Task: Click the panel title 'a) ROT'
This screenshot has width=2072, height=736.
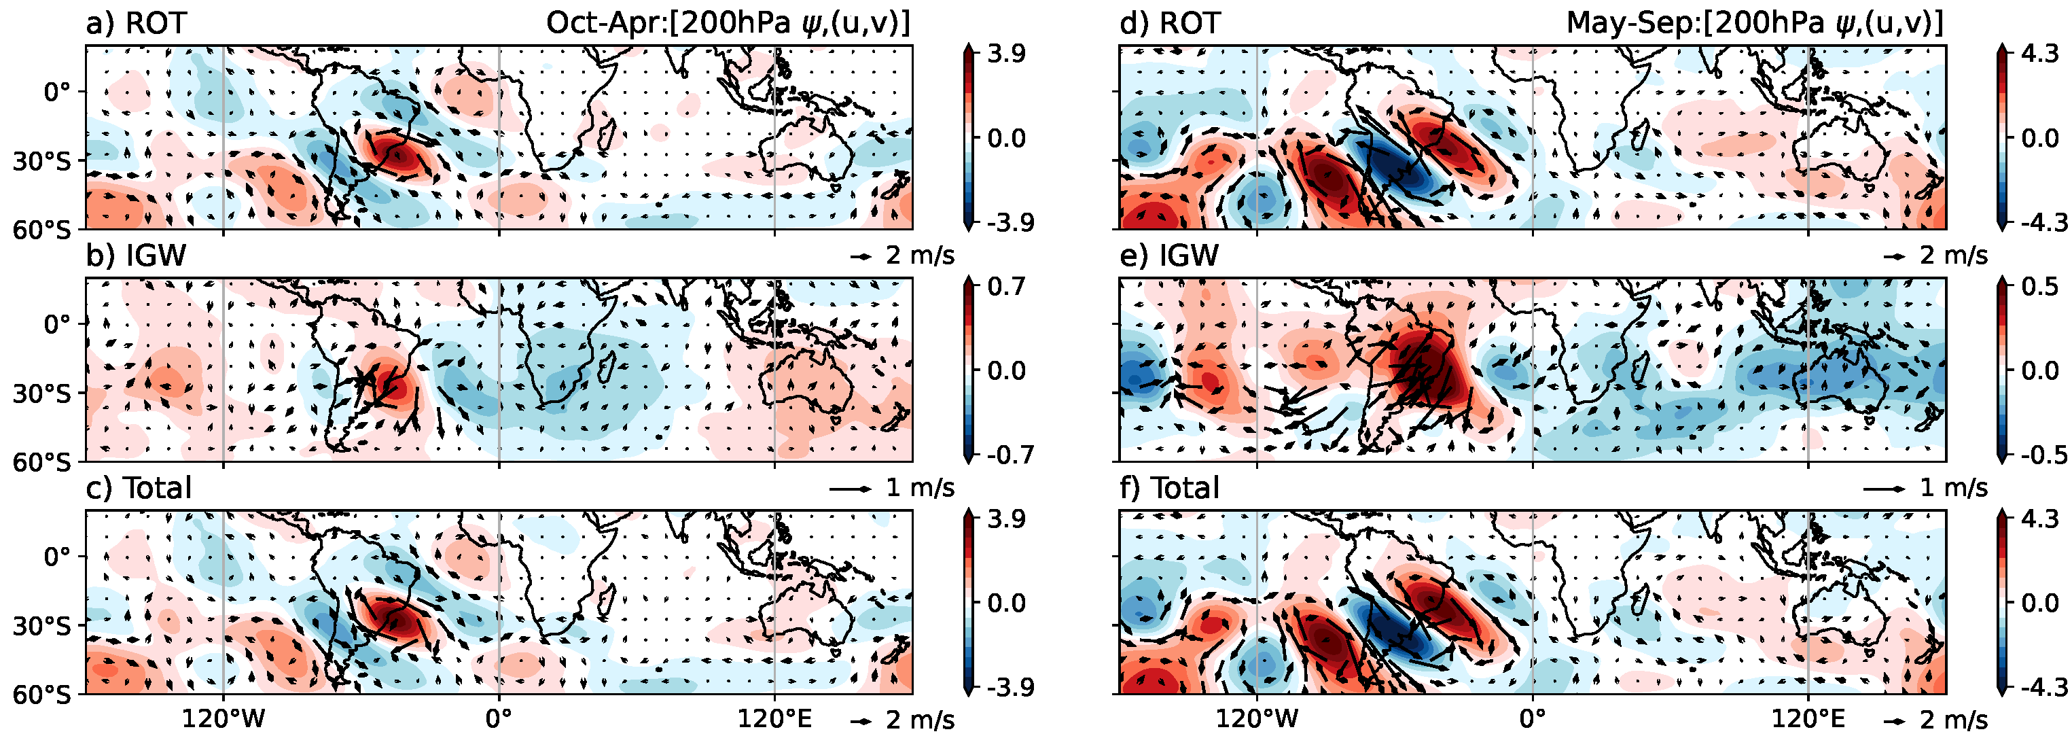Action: [136, 22]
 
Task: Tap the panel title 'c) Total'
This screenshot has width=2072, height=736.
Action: [139, 488]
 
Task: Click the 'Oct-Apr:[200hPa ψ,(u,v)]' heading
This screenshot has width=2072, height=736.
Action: [728, 22]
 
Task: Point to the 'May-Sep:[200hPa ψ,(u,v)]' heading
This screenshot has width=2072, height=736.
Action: [1754, 22]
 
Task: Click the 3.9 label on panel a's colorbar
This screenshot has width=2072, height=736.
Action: [1006, 54]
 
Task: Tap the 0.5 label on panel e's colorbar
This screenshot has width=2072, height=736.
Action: [2039, 286]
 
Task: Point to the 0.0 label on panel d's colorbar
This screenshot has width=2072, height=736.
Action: [2039, 139]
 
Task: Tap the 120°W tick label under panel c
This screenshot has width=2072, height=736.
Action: [223, 718]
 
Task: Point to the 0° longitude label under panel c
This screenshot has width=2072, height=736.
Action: [499, 718]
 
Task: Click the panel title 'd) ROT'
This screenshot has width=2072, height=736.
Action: [1170, 22]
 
